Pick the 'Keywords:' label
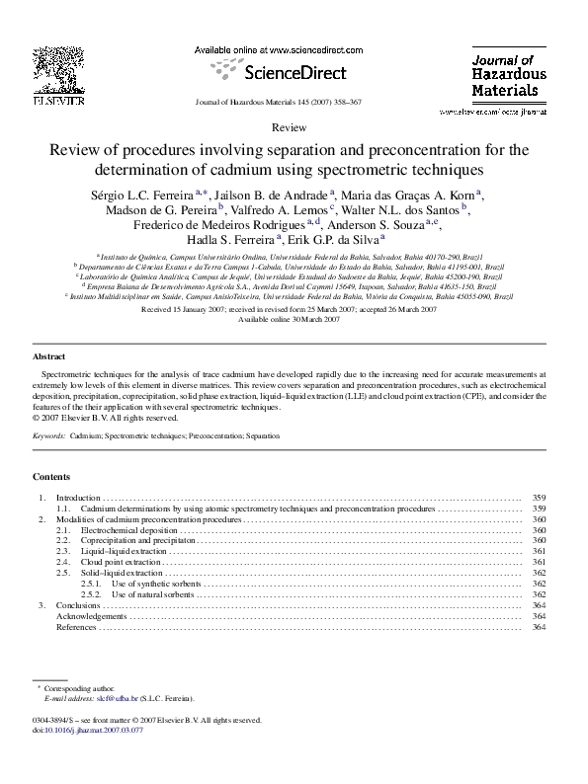tap(49, 435)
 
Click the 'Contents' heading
tap(51, 476)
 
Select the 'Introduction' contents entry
tap(78, 497)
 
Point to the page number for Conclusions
tap(539, 605)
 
